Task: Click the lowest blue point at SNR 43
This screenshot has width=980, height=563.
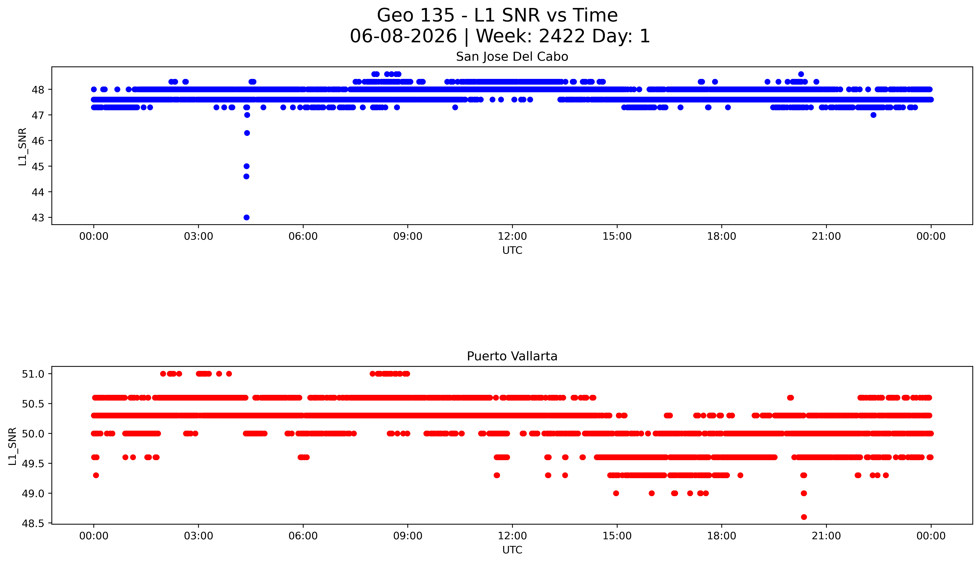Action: coord(246,217)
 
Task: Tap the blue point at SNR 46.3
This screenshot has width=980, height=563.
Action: coord(247,133)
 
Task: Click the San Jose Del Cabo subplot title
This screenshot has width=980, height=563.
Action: coord(512,57)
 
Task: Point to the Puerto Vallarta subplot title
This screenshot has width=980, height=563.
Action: coord(512,356)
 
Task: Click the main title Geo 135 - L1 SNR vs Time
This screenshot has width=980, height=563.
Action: coord(497,15)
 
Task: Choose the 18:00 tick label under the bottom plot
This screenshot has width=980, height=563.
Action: coord(722,536)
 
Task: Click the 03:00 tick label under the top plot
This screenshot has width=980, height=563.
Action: coord(198,236)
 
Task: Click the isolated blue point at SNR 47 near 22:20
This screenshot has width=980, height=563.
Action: coord(873,115)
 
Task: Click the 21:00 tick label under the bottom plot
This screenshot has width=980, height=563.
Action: coord(826,536)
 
